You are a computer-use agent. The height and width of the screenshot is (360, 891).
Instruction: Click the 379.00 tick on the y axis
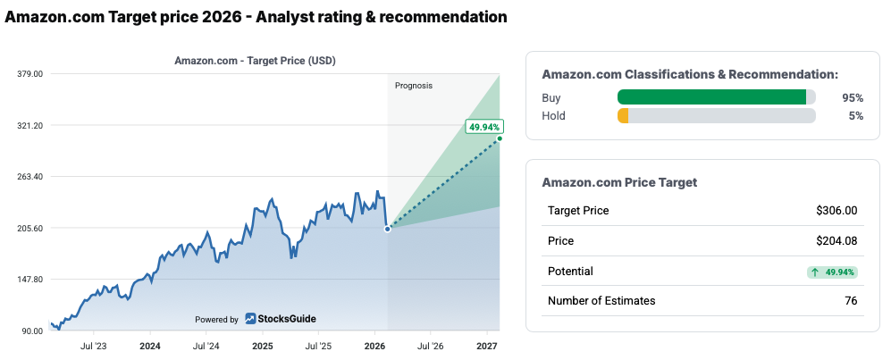point(30,74)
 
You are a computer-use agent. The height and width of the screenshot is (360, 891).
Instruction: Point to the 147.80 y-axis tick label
point(30,280)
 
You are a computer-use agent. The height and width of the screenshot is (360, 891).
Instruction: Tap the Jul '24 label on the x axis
point(206,346)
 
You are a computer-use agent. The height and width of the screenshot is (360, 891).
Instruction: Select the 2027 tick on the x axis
point(487,346)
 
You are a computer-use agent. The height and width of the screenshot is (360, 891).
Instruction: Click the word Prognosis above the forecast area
point(414,86)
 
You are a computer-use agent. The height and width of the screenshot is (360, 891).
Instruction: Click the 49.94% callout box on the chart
point(483,127)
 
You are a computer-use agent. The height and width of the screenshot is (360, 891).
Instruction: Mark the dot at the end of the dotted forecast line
point(500,138)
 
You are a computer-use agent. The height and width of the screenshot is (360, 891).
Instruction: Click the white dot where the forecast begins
point(388,229)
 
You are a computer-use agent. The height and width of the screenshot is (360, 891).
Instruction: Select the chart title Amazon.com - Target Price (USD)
point(255,61)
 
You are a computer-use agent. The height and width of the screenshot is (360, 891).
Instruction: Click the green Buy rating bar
point(711,97)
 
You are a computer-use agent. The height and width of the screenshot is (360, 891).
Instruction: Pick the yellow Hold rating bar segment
point(623,116)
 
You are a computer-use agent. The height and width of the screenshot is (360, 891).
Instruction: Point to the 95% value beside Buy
point(853,97)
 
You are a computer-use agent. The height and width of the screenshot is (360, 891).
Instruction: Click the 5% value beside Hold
point(855,116)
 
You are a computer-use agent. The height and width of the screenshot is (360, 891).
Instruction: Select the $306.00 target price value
point(836,211)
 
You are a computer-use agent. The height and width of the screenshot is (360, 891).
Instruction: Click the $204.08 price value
point(836,241)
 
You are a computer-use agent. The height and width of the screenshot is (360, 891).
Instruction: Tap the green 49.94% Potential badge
point(832,272)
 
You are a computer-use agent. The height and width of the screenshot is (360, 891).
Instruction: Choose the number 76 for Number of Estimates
point(850,301)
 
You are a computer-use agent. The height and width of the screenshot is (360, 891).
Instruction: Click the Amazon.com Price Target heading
point(619,182)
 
